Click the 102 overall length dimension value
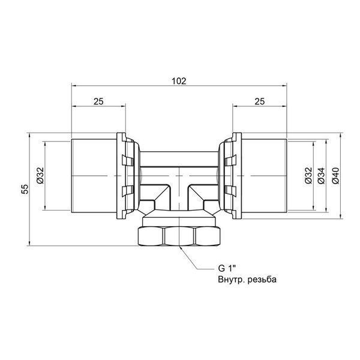tap(179, 81)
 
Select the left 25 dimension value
tap(98, 101)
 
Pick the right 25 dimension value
tap(260, 101)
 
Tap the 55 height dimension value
tap(25, 189)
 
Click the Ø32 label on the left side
tap(40, 175)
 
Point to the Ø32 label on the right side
tap(308, 175)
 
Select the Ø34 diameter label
tap(322, 176)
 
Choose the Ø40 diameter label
tap(335, 176)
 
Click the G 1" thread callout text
tap(227, 268)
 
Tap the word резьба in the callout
tap(262, 280)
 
